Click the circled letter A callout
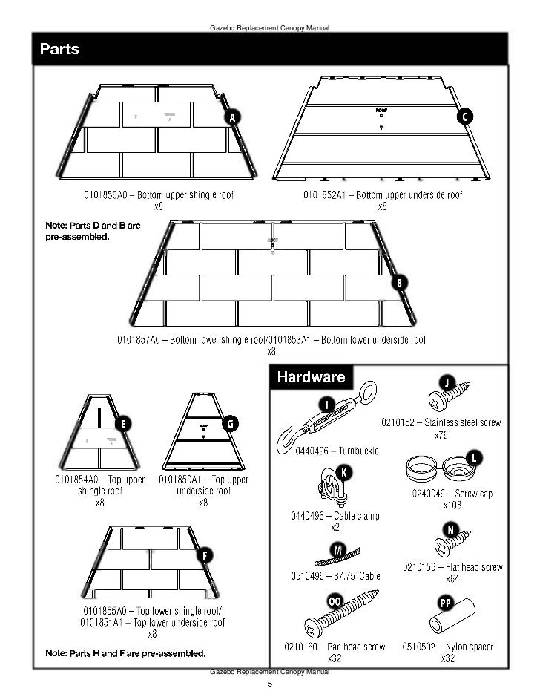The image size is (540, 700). click(x=233, y=118)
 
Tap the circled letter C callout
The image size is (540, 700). click(x=465, y=117)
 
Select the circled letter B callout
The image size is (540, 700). click(x=399, y=282)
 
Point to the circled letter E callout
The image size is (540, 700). click(x=122, y=424)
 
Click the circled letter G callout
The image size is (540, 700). click(x=231, y=423)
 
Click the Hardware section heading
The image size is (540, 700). click(x=311, y=377)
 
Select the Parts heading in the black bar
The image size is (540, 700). click(x=60, y=50)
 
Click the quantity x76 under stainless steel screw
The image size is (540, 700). click(x=441, y=436)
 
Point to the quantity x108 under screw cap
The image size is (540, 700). click(x=452, y=506)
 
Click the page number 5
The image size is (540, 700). click(x=270, y=684)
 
